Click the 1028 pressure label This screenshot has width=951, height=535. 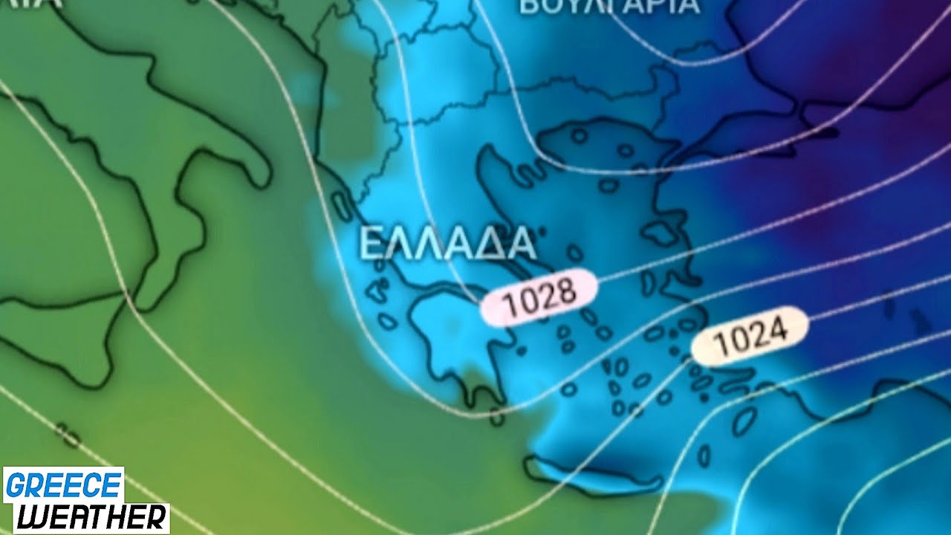[539, 296]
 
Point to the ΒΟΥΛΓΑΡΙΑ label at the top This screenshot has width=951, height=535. [609, 7]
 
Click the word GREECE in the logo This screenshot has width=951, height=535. [63, 485]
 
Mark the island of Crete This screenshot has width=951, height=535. [587, 475]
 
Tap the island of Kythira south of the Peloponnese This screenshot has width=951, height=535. [497, 418]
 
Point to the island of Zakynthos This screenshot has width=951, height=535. [387, 321]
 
